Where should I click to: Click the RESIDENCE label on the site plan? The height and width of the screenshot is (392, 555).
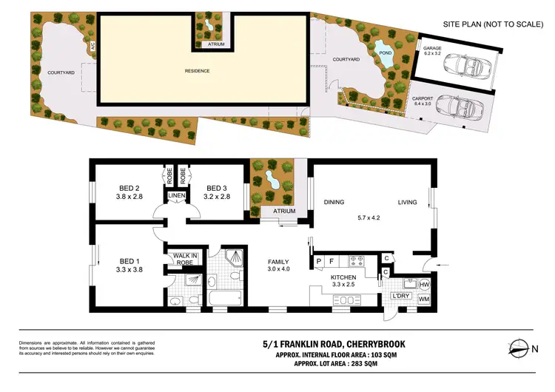[x=197, y=71]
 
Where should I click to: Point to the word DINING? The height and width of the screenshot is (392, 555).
[x=335, y=202]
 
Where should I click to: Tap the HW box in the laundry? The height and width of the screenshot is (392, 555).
[x=424, y=285]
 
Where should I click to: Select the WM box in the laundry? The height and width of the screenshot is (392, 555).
[x=424, y=300]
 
